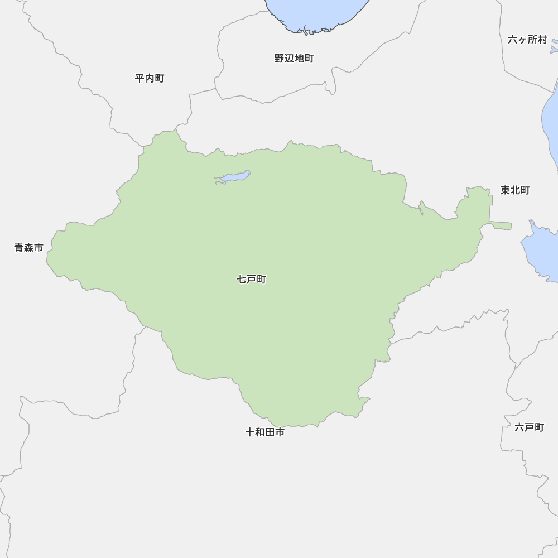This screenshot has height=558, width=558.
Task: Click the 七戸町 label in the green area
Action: click(252, 279)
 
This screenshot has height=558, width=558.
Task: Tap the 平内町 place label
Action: click(150, 78)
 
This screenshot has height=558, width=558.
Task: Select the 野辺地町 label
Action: click(294, 58)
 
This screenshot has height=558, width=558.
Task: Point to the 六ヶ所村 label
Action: click(527, 40)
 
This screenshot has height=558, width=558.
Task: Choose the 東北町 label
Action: click(515, 190)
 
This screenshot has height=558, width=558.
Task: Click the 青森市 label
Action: click(28, 248)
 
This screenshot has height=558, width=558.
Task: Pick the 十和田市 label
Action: click(265, 432)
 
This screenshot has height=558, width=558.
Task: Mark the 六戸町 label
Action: click(529, 427)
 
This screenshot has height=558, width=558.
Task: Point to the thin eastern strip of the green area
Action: click(501, 225)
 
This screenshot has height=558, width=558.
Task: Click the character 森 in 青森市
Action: click(28, 248)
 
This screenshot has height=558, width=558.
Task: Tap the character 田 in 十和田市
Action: click(270, 432)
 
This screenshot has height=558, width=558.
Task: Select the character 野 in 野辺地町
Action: click(279, 58)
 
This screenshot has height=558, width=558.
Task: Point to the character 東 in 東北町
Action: click(505, 190)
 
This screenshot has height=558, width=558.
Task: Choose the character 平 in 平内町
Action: click(139, 78)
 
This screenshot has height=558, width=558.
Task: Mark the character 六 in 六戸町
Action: click(519, 427)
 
